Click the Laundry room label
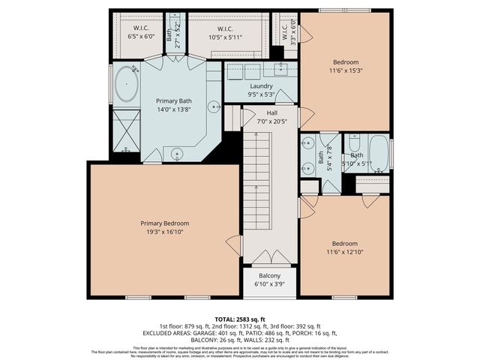click(261, 86)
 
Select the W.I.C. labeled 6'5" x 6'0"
click(140, 35)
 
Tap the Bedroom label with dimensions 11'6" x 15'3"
click(345, 62)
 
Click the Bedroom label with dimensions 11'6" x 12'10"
click(345, 244)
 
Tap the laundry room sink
click(281, 70)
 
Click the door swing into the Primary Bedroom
click(234, 244)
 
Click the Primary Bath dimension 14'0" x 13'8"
click(172, 109)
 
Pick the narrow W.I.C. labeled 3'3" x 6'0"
click(285, 31)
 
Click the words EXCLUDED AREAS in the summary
click(171, 333)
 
